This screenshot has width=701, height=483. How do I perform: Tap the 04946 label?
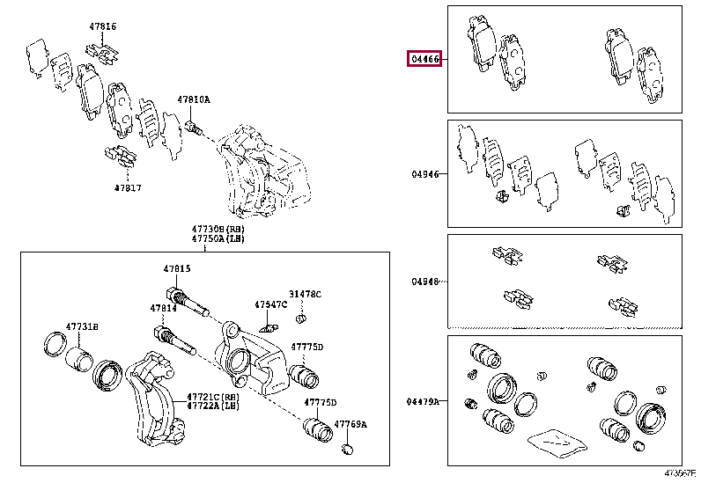point(424,174)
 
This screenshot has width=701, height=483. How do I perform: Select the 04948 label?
point(424,282)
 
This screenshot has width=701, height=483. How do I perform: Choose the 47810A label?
point(194,100)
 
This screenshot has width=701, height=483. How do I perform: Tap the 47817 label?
point(127,187)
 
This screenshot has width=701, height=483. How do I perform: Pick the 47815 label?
point(176,268)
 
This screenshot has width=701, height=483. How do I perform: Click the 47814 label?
point(163,309)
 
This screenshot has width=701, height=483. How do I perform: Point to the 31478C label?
point(306,294)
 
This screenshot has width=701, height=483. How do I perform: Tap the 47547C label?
point(270,304)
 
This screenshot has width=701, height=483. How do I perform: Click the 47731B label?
point(84,326)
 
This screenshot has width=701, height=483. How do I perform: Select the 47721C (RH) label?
point(211,398)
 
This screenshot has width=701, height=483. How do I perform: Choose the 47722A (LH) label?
point(211,407)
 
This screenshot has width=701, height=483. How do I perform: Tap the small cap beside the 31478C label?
point(301,316)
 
